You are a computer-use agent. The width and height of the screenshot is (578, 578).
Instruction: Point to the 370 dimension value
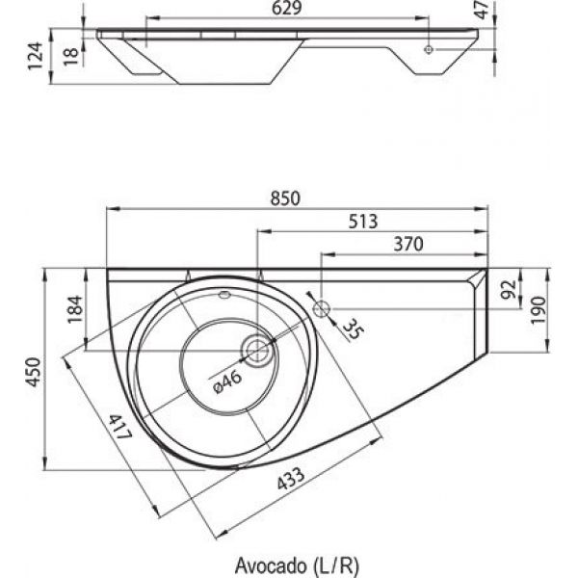pos(407,245)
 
